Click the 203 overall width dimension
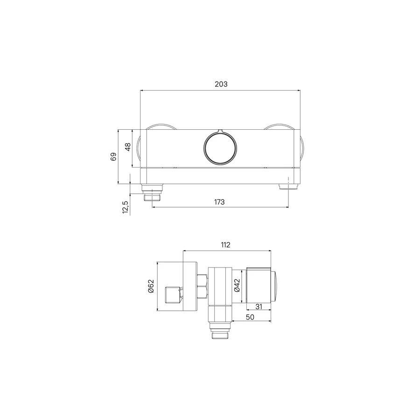pyautogui.click(x=221, y=84)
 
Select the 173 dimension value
pyautogui.click(x=219, y=202)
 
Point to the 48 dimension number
pyautogui.click(x=127, y=147)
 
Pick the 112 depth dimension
pyautogui.click(x=225, y=245)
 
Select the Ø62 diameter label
pyautogui.click(x=150, y=287)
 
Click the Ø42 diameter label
pyautogui.click(x=237, y=285)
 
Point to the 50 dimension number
pyautogui.click(x=250, y=317)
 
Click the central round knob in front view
pyautogui.click(x=221, y=147)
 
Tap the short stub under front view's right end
pyautogui.click(x=288, y=187)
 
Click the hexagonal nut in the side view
pyautogui.click(x=203, y=287)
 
